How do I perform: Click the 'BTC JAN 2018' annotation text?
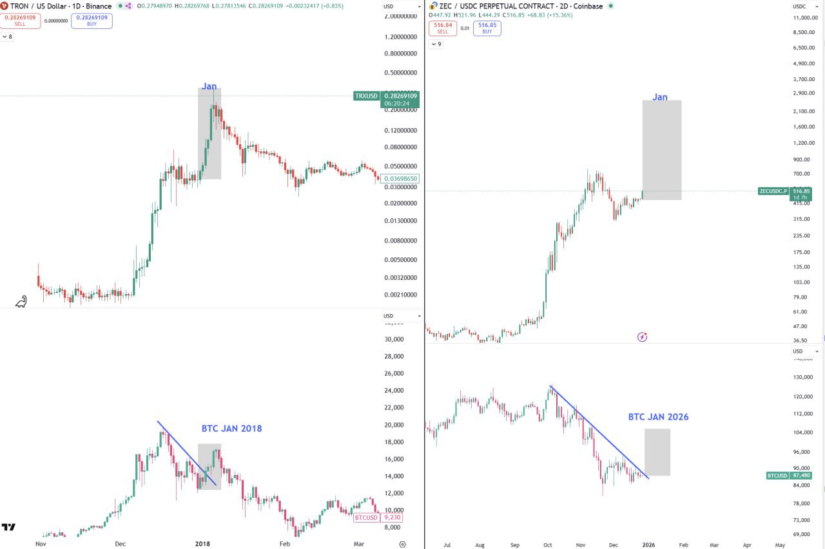tap(231, 429)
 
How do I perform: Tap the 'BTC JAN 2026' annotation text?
tap(658, 417)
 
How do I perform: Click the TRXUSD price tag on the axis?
tap(366, 96)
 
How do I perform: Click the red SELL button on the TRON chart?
tap(19, 21)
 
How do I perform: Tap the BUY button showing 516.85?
tap(487, 28)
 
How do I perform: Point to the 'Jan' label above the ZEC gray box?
tap(659, 97)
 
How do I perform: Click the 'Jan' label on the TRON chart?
tap(209, 86)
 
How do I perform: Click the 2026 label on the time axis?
tap(648, 544)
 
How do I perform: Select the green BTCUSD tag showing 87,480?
tap(777, 476)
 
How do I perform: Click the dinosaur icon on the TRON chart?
tap(21, 301)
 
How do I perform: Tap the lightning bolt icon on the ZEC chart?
tap(642, 337)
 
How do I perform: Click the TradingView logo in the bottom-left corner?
tap(8, 528)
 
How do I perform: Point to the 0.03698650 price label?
tap(400, 179)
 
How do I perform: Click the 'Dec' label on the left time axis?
tap(120, 544)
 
